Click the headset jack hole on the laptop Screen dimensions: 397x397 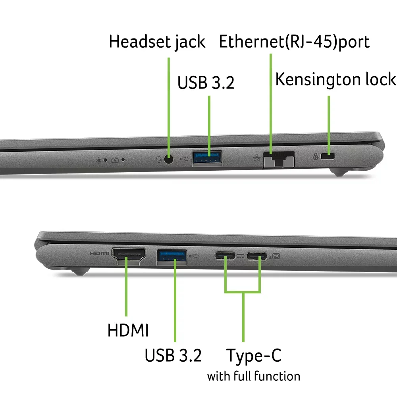[x=169, y=160]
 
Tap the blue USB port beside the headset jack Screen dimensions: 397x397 [x=207, y=157]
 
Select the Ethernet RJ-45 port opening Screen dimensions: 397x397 [x=279, y=159]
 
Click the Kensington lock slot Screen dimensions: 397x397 [x=328, y=156]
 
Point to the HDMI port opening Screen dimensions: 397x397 [x=129, y=254]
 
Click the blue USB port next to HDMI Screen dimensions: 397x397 [x=172, y=256]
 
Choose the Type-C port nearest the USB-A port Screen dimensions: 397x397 [x=225, y=256]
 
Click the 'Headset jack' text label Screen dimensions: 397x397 [x=157, y=42]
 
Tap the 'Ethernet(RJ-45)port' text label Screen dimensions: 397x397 [x=294, y=42]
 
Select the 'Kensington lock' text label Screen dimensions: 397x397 [x=336, y=79]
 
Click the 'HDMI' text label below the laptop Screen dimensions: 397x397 [x=128, y=330]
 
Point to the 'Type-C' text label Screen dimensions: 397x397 [x=254, y=356]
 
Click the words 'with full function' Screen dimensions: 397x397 [x=254, y=376]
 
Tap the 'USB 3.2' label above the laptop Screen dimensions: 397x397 [x=206, y=83]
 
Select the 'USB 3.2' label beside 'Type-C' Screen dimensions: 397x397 [x=173, y=355]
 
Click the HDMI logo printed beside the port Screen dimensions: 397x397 [x=99, y=253]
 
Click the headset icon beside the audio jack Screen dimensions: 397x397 [x=159, y=160]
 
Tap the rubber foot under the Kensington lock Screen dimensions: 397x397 [x=339, y=173]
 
